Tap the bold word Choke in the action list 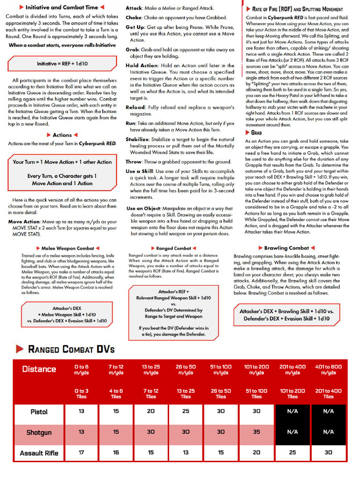(x=134, y=18)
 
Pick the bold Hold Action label (x=142, y=66)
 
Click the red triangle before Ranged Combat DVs (x=19, y=349)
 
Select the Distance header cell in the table (x=39, y=369)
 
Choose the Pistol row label (x=39, y=412)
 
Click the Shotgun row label (x=39, y=432)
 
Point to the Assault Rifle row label (x=39, y=453)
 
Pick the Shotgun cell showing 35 (x=256, y=432)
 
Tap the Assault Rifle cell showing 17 (x=81, y=453)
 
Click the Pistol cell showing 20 (x=151, y=412)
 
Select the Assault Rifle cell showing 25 (x=292, y=453)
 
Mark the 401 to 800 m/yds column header (x=328, y=369)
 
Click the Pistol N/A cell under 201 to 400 (x=292, y=412)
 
